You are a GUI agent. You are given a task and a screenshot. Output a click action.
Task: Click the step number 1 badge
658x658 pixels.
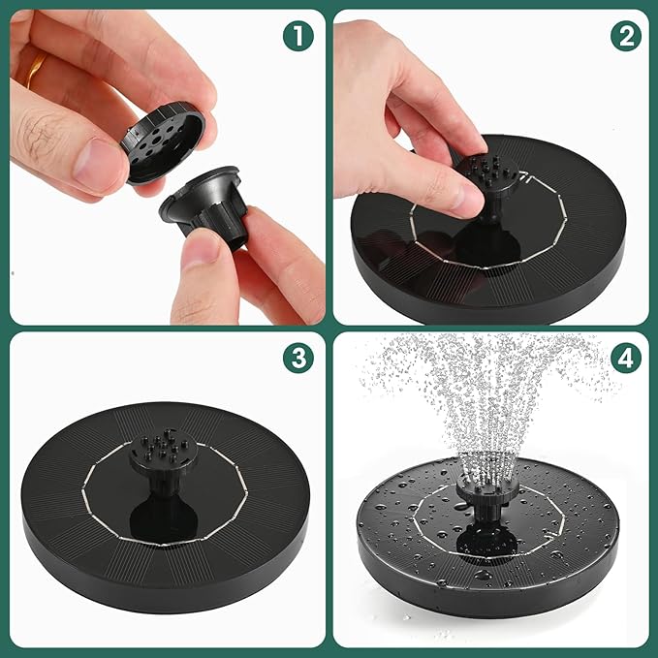pos(300,38)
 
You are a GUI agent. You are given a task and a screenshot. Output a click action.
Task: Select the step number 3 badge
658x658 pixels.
pos(300,358)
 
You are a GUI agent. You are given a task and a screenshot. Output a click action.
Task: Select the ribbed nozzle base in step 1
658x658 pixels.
pos(208,208)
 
